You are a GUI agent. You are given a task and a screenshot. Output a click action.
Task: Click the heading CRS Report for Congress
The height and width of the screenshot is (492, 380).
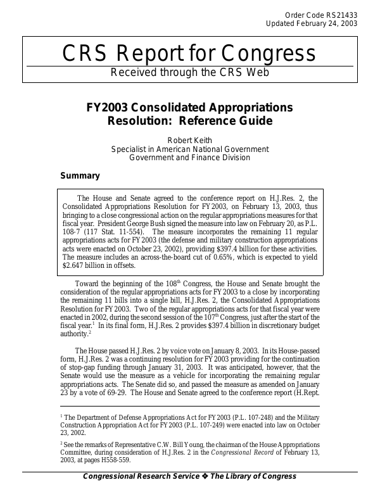click(189, 54)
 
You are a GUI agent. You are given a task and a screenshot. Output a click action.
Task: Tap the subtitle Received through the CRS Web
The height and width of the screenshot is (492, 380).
click(189, 72)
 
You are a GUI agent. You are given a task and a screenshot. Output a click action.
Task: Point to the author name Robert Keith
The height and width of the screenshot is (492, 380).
click(189, 140)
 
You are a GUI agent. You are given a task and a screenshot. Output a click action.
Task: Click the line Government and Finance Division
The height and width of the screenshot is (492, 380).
click(189, 158)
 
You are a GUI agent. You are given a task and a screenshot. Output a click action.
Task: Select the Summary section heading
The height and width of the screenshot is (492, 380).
click(80, 176)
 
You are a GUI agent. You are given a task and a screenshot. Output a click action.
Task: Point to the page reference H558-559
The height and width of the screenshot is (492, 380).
click(114, 460)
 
